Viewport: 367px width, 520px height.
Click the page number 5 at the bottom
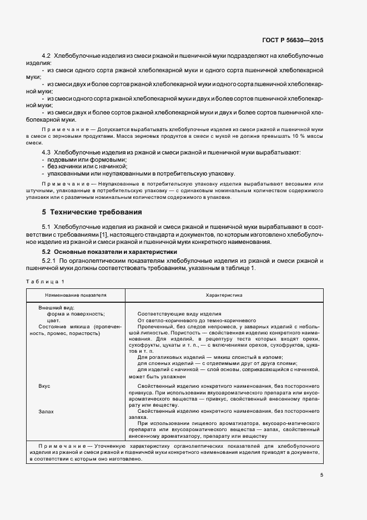(321, 474)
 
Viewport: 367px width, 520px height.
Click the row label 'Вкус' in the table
(44, 386)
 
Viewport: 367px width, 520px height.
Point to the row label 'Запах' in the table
(46, 412)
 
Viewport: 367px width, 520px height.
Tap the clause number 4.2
(46, 57)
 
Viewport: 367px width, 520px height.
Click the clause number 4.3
(46, 152)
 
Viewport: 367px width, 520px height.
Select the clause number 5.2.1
(49, 261)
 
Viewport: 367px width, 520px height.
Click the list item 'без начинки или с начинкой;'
(87, 166)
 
